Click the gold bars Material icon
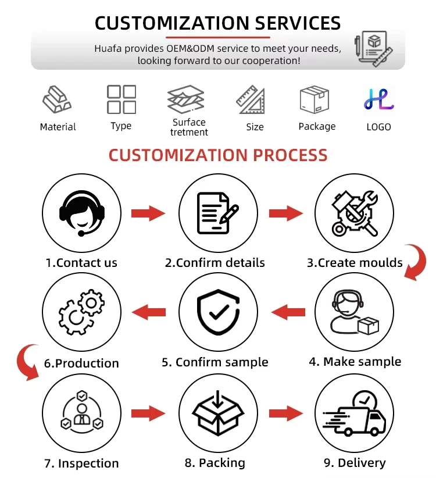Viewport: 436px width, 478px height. tap(57, 100)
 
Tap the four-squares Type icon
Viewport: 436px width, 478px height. tap(121, 99)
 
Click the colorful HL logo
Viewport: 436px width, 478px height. tap(378, 100)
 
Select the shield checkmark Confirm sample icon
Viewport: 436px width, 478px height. tap(217, 312)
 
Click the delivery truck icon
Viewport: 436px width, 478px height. tap(353, 414)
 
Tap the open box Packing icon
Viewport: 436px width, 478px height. tap(217, 414)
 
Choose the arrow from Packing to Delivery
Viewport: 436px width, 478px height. tap(285, 414)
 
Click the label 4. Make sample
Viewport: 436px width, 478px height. tap(355, 362)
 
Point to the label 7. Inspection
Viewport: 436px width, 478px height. tap(81, 463)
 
